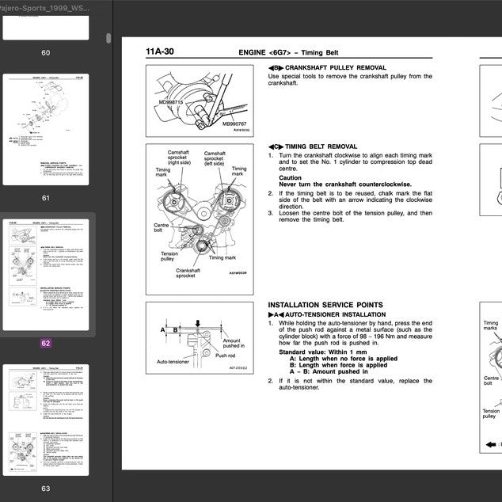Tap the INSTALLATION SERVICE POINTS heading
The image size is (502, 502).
click(x=325, y=305)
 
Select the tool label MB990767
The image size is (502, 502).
click(x=234, y=124)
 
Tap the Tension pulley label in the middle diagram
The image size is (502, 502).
click(x=169, y=256)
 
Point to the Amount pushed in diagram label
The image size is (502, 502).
click(x=234, y=343)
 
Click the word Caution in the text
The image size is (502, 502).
click(x=290, y=178)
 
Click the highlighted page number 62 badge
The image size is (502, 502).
click(x=45, y=344)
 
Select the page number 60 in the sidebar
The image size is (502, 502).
click(x=45, y=53)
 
